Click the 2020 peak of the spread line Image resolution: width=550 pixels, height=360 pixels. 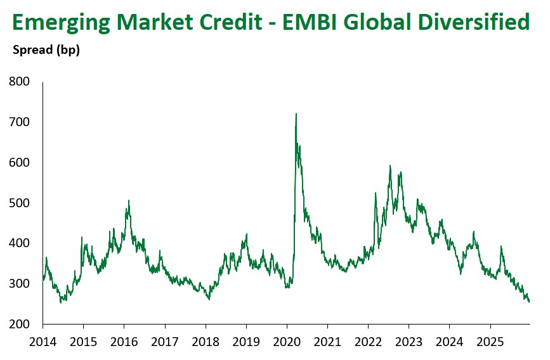pos(296,114)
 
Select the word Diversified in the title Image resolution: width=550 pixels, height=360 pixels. pos(477,22)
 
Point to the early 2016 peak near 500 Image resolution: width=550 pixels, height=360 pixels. pos(129,201)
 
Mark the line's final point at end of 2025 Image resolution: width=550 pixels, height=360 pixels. pos(529,302)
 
